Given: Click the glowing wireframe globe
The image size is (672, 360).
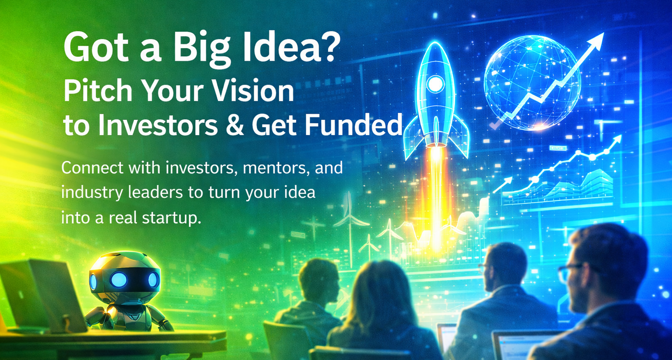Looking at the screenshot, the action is point(532,83).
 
